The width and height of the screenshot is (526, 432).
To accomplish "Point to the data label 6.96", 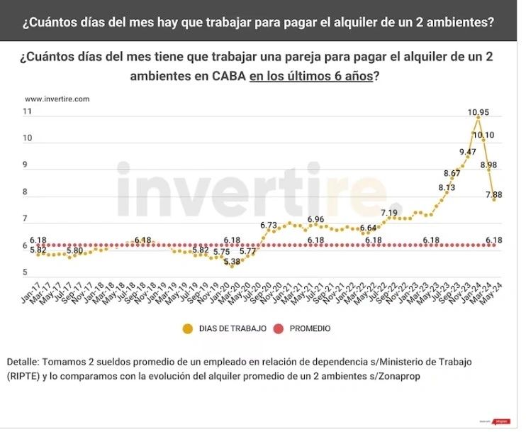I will (x=316, y=219).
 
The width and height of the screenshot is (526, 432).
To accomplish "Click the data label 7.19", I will (x=389, y=212).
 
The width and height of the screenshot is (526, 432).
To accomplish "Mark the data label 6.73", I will (x=268, y=225).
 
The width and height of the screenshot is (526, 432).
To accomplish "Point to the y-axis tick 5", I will (x=25, y=272).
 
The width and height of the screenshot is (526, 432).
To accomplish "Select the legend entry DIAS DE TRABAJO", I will (x=231, y=328).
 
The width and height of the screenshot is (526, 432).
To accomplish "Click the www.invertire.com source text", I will (x=57, y=99).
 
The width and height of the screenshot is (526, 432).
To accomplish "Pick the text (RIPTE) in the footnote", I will (x=26, y=376).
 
